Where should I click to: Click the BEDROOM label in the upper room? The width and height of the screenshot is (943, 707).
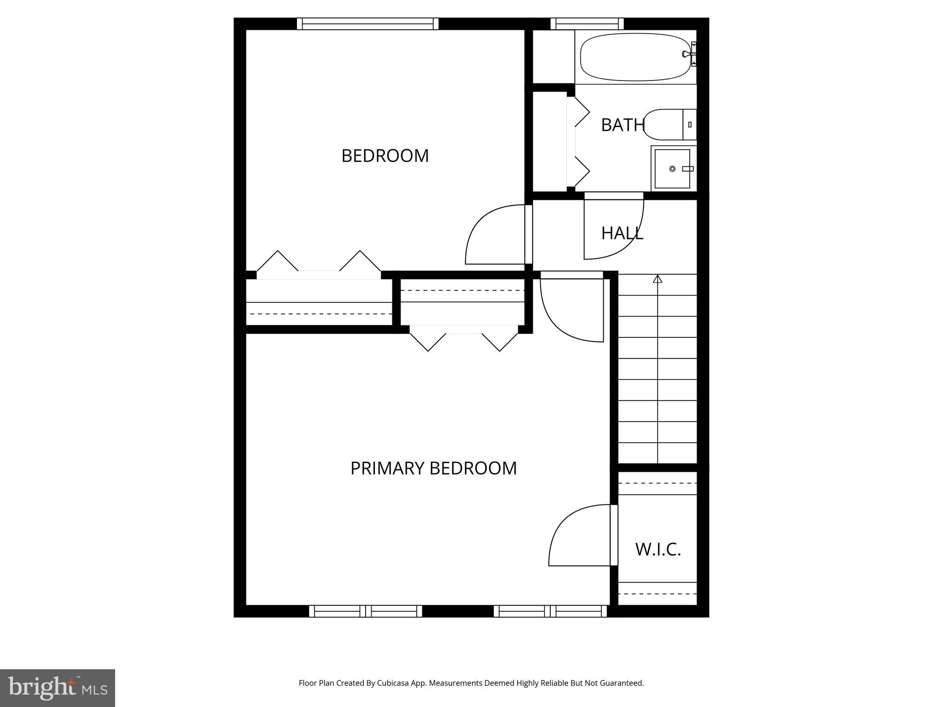pos(385,156)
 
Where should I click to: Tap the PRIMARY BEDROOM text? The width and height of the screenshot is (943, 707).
pos(433,468)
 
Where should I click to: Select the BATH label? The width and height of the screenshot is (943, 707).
pos(623,125)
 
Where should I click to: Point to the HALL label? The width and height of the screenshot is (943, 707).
pos(622,233)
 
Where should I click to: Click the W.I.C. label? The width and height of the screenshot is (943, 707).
pos(658,549)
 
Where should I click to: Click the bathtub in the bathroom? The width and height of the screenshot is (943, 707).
pos(635,57)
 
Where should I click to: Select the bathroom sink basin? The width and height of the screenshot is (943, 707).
pos(672,168)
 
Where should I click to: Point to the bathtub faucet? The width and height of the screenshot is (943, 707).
pos(689,54)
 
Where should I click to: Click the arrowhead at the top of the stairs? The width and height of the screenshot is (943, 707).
pos(658,278)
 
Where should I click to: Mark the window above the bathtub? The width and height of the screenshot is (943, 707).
pos(587,23)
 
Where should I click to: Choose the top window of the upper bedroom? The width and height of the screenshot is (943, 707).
pos(367,23)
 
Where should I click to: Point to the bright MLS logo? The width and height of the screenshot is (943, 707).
pos(57,688)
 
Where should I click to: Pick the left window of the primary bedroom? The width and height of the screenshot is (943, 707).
pos(366,611)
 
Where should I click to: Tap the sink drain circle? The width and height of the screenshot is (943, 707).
pos(672,169)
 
